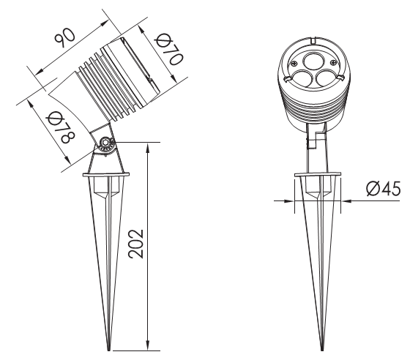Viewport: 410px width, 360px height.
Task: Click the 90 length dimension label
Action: coord(64,38)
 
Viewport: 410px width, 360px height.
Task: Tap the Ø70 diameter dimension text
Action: coord(169,50)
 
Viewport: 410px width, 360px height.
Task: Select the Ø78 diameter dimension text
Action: coord(60,127)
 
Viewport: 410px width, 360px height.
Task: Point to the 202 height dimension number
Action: coord(136,244)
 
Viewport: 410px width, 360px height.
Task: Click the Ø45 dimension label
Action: coord(383,189)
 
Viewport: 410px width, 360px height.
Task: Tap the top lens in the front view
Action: coord(314,61)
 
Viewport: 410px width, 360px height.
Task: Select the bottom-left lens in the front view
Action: coord(302,78)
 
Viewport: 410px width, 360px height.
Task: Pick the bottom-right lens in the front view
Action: coord(326,78)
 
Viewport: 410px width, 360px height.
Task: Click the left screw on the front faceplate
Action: coord(294,63)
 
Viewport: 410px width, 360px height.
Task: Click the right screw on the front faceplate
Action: coord(333,62)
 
